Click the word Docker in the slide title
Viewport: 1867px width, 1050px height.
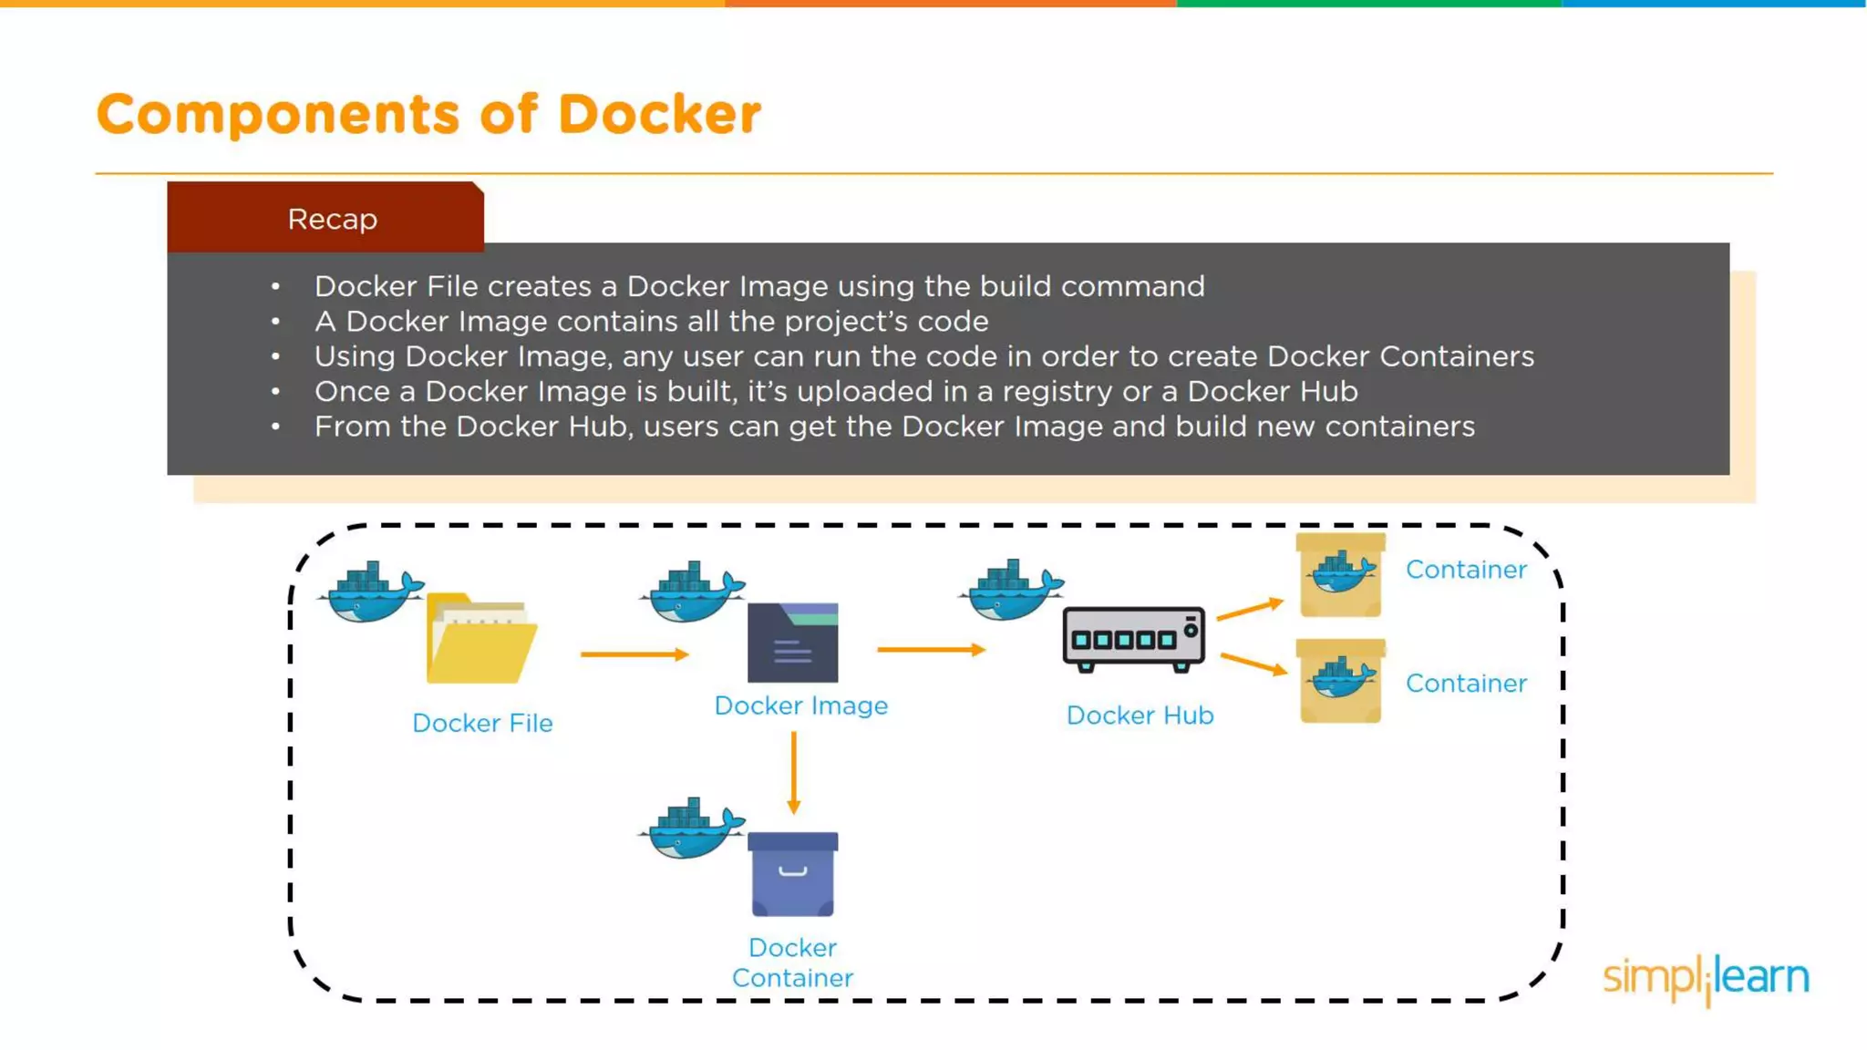coord(658,115)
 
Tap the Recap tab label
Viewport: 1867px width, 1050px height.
coord(332,220)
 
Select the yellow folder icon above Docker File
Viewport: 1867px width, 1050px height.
coord(480,640)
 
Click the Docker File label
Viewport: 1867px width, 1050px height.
coord(482,723)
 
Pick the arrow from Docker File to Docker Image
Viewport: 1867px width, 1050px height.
coord(634,654)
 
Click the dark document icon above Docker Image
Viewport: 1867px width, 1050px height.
coord(792,643)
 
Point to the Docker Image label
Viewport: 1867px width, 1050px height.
coord(800,705)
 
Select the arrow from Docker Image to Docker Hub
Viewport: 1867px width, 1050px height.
coord(931,650)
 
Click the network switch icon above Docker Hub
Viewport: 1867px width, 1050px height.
coord(1133,639)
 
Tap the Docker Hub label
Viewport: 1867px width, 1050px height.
coord(1140,715)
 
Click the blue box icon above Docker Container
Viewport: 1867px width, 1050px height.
coord(792,874)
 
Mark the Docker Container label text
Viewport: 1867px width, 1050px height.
coord(792,962)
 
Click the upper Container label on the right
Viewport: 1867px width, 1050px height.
coord(1465,570)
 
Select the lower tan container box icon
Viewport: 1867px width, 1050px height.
coord(1340,682)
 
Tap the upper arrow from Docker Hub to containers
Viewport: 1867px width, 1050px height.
coord(1249,609)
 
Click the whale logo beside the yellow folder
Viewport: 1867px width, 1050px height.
coord(370,592)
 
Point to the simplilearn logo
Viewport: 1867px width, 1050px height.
coord(1706,978)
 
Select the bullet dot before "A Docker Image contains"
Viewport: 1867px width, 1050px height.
coord(275,322)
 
